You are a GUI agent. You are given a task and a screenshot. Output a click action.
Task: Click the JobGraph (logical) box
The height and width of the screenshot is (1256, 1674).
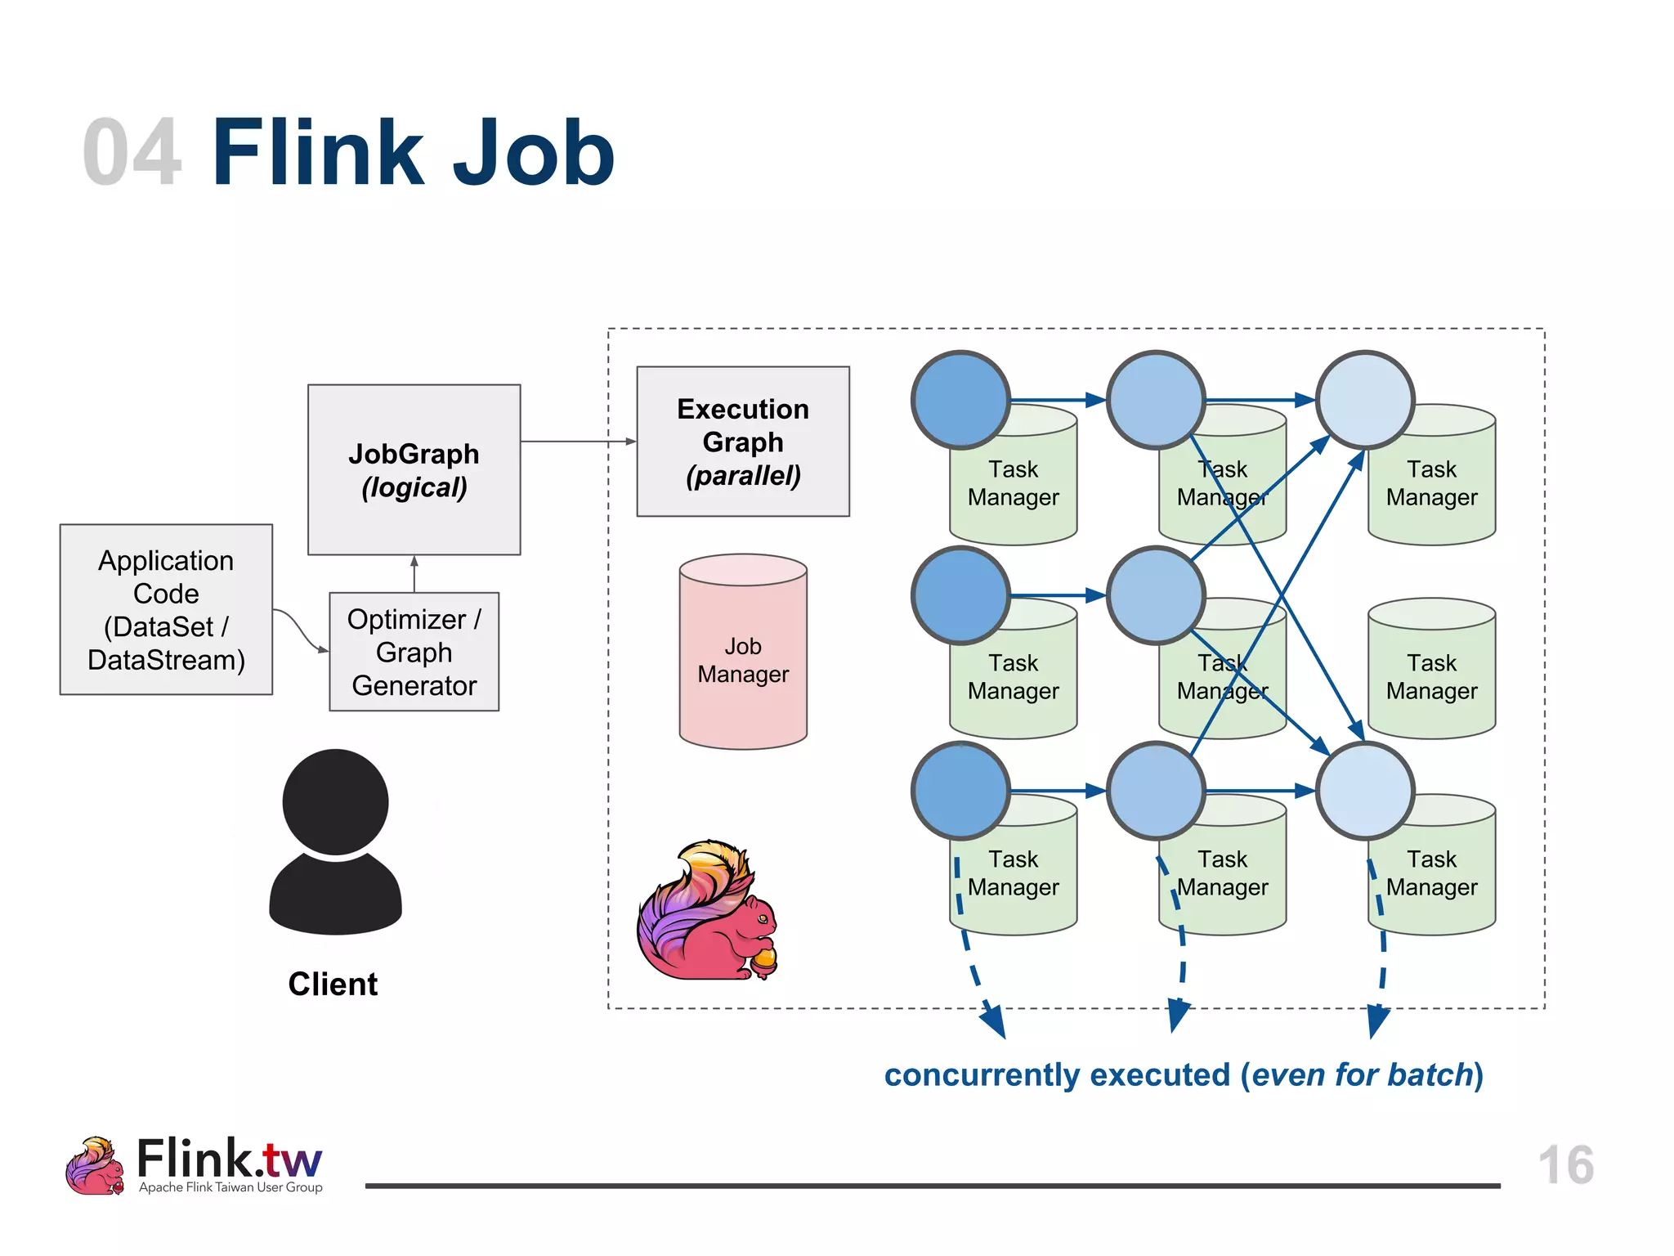(414, 469)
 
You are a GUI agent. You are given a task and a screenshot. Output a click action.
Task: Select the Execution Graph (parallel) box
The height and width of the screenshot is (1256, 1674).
(742, 442)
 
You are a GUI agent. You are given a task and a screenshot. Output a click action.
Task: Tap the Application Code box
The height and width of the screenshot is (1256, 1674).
(166, 609)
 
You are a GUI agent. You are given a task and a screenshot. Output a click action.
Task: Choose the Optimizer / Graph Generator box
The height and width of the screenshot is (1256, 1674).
(414, 652)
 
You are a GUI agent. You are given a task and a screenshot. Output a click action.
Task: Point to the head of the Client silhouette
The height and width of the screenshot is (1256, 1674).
(335, 801)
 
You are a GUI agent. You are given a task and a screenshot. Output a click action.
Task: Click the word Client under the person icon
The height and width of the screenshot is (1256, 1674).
(333, 984)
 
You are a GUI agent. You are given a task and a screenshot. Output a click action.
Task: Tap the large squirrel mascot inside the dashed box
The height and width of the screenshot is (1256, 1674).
(707, 912)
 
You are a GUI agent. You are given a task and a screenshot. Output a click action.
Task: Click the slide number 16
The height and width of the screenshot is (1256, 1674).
(1565, 1164)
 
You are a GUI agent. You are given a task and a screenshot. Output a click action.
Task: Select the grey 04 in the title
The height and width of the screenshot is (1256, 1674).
(131, 153)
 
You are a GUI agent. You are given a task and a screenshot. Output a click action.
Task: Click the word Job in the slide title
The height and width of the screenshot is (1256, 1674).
(533, 153)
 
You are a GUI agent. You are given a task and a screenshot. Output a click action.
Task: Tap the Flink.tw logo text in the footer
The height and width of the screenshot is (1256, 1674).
(229, 1158)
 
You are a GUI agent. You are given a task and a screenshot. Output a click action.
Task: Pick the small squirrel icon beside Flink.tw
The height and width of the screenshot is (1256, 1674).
(94, 1166)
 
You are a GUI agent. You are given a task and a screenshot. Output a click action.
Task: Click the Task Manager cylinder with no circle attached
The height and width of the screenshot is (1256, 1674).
(1431, 669)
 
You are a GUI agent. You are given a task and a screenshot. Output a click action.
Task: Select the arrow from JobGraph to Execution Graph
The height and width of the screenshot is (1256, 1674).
(577, 442)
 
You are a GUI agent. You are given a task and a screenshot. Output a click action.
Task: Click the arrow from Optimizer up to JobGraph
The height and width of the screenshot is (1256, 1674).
(414, 574)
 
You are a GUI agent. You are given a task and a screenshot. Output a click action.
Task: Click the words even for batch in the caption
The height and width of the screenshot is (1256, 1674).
(1362, 1074)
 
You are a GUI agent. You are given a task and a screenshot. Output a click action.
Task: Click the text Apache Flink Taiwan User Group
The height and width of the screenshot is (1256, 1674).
(231, 1187)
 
